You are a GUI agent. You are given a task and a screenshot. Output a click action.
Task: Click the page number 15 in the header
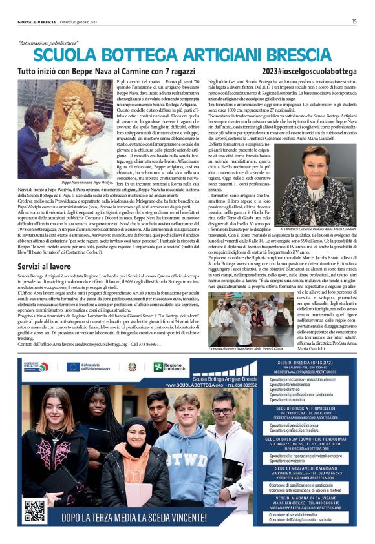coord(354,21)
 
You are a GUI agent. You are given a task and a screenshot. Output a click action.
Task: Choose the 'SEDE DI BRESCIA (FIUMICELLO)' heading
coord(311,408)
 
